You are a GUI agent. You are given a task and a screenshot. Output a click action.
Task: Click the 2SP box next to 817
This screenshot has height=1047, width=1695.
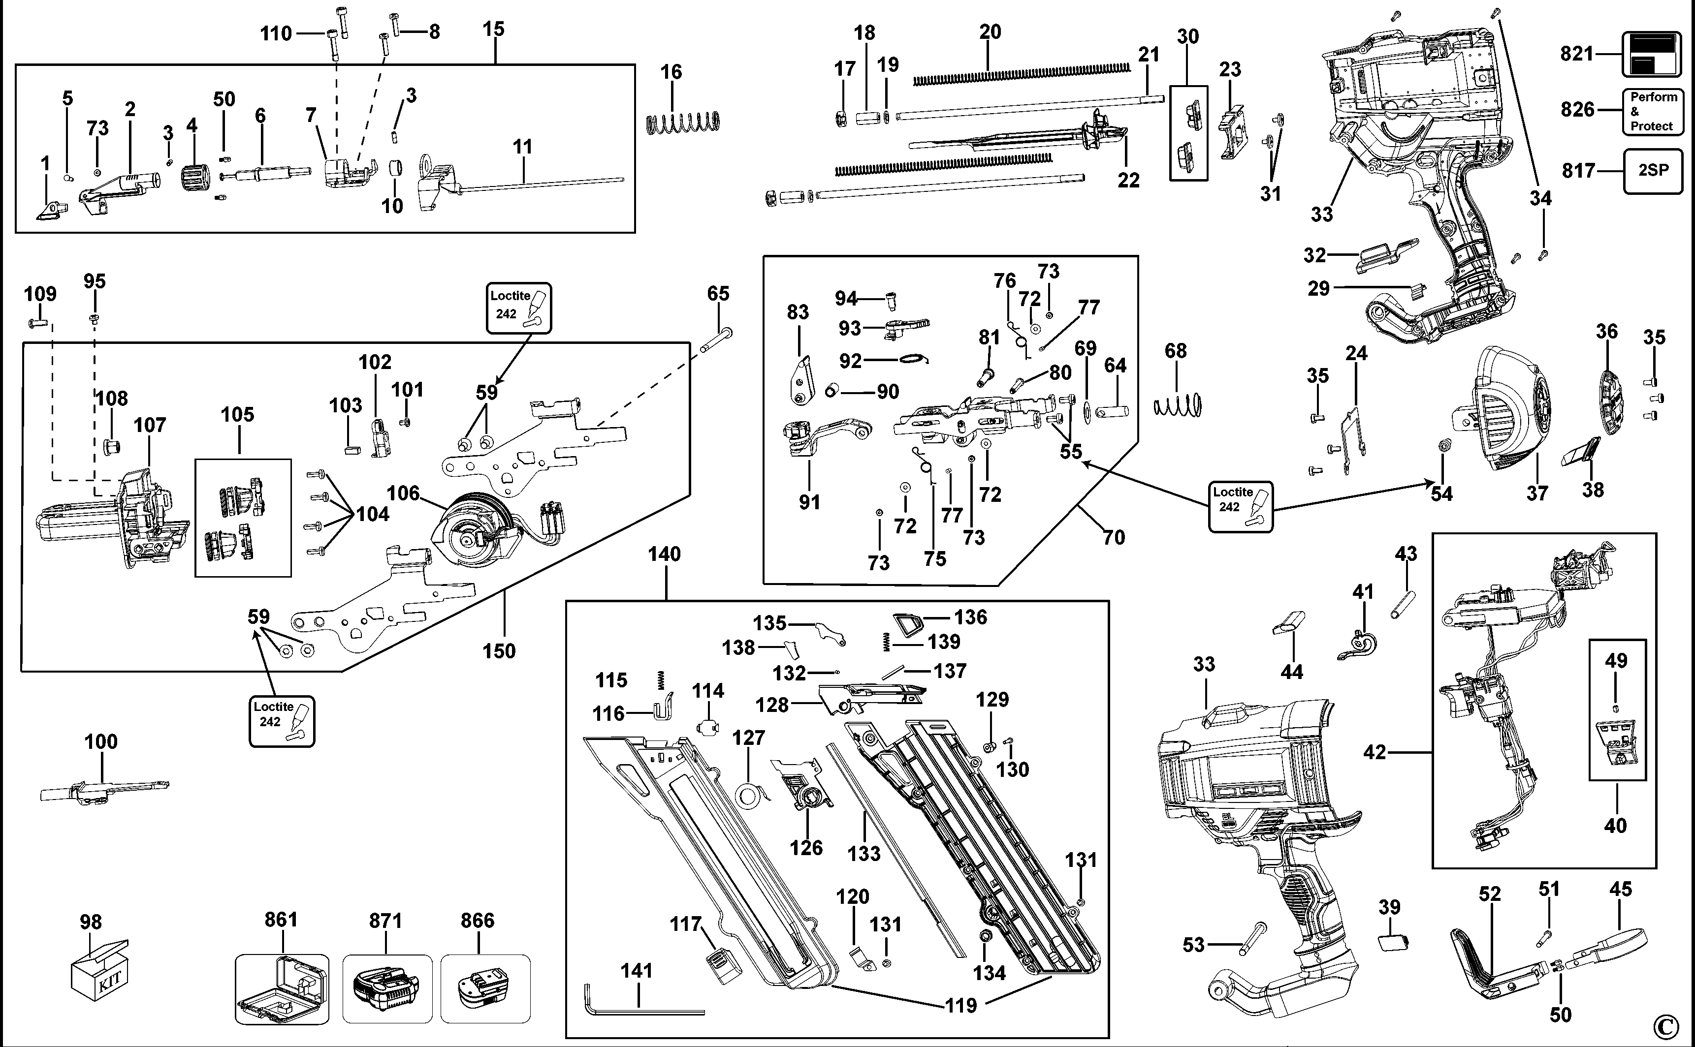[x=1653, y=170]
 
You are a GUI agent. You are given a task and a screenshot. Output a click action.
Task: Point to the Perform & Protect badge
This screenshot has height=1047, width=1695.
[x=1652, y=112]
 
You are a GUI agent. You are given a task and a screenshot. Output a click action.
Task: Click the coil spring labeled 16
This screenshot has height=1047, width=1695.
[x=683, y=123]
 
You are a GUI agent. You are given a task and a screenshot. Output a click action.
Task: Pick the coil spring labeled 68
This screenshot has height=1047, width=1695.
[x=1178, y=405]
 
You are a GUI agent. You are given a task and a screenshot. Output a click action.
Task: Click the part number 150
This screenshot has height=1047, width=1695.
[x=499, y=651]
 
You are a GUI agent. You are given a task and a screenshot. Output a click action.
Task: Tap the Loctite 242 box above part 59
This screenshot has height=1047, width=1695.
[x=519, y=308]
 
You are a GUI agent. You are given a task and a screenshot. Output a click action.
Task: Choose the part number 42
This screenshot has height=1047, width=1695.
[x=1375, y=752]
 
